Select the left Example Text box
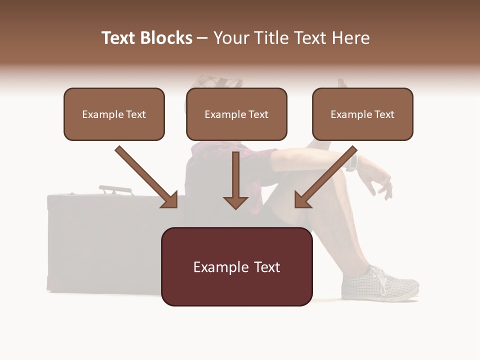click(114, 114)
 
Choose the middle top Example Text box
click(236, 114)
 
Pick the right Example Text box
click(362, 114)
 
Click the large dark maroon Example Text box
click(236, 267)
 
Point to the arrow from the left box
click(146, 177)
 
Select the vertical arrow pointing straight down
click(235, 180)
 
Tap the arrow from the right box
click(326, 177)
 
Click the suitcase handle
click(115, 189)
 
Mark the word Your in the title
click(231, 38)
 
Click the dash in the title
click(202, 38)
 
